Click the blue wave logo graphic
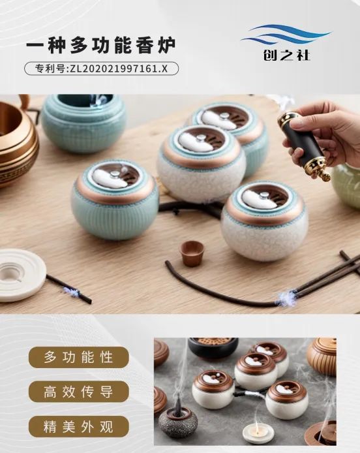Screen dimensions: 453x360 point(285,35)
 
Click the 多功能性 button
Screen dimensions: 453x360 point(78,358)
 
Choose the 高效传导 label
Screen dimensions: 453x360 point(78,392)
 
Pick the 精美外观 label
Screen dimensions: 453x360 point(78,427)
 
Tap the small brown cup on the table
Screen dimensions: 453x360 point(192,253)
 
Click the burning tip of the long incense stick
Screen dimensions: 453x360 point(285,298)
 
